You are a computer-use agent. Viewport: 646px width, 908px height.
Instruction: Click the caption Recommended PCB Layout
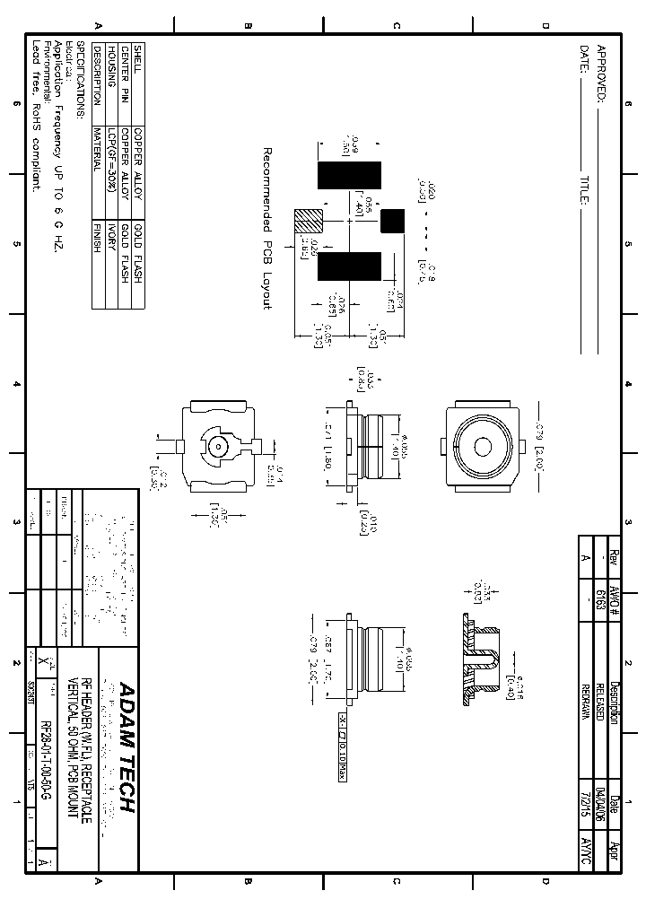[266, 229]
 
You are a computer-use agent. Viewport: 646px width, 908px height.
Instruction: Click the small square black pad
[392, 220]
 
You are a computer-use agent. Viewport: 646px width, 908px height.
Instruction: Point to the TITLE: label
[584, 189]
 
